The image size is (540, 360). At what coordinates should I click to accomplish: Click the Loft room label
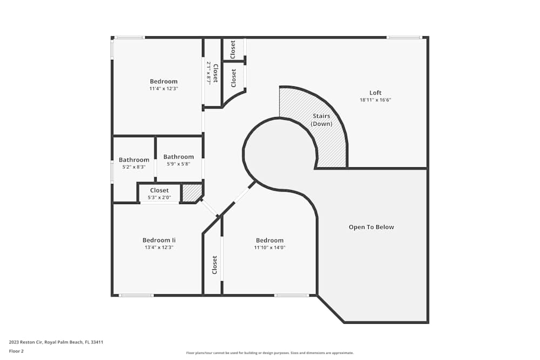[x=375, y=93]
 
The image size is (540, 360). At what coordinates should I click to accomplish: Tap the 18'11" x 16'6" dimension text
[x=375, y=100]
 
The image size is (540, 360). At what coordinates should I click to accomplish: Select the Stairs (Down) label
[x=321, y=120]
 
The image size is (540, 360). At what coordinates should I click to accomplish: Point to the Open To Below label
[x=372, y=227]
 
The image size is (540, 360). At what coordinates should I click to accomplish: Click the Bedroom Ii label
[x=159, y=240]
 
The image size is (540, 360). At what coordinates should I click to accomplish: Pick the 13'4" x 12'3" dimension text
[x=159, y=247]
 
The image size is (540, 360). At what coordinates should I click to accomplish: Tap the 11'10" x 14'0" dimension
[x=269, y=247]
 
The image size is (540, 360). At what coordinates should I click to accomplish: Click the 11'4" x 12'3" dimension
[x=164, y=89]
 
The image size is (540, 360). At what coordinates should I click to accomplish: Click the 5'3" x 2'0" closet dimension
[x=159, y=198]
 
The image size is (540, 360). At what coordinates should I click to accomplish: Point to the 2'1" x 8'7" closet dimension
[x=208, y=73]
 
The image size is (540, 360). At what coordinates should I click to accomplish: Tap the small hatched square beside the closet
[x=192, y=193]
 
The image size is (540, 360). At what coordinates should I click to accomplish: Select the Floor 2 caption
[x=16, y=351]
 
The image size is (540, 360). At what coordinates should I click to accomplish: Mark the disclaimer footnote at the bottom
[x=269, y=353]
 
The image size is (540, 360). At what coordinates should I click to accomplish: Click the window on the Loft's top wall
[x=404, y=37]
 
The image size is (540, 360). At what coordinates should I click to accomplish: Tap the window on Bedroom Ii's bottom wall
[x=137, y=295]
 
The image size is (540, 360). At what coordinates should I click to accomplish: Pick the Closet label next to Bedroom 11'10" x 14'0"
[x=214, y=264]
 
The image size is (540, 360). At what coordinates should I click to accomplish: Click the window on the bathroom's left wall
[x=112, y=172]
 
